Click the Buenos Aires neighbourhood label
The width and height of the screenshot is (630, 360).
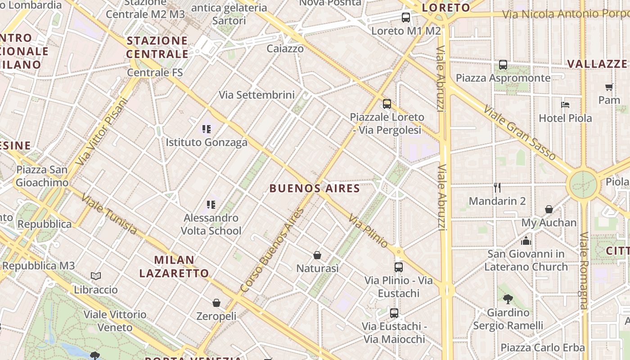(x=315, y=189)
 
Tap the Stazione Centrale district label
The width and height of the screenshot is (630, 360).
(x=157, y=47)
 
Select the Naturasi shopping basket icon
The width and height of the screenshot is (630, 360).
(x=317, y=255)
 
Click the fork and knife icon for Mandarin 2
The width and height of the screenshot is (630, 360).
(x=497, y=188)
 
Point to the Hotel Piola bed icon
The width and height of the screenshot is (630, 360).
(x=565, y=105)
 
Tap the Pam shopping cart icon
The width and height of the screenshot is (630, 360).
(x=609, y=87)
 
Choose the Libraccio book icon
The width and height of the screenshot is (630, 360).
(x=95, y=276)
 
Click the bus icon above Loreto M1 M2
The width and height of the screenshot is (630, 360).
(x=406, y=18)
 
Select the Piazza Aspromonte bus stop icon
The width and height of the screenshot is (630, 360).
(x=503, y=65)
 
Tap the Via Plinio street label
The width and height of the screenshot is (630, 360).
(x=368, y=230)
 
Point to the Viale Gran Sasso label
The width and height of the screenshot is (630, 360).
(x=519, y=132)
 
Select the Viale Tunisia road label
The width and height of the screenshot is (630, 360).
(x=109, y=214)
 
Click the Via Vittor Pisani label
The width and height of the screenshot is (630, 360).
(x=102, y=131)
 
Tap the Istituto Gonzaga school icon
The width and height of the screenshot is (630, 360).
(x=207, y=130)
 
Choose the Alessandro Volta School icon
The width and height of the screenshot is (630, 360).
(x=211, y=205)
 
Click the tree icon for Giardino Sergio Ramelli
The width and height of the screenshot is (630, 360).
(x=508, y=299)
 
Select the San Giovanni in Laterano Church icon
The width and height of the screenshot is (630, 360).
(x=526, y=241)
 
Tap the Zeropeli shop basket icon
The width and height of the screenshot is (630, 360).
(x=216, y=303)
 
